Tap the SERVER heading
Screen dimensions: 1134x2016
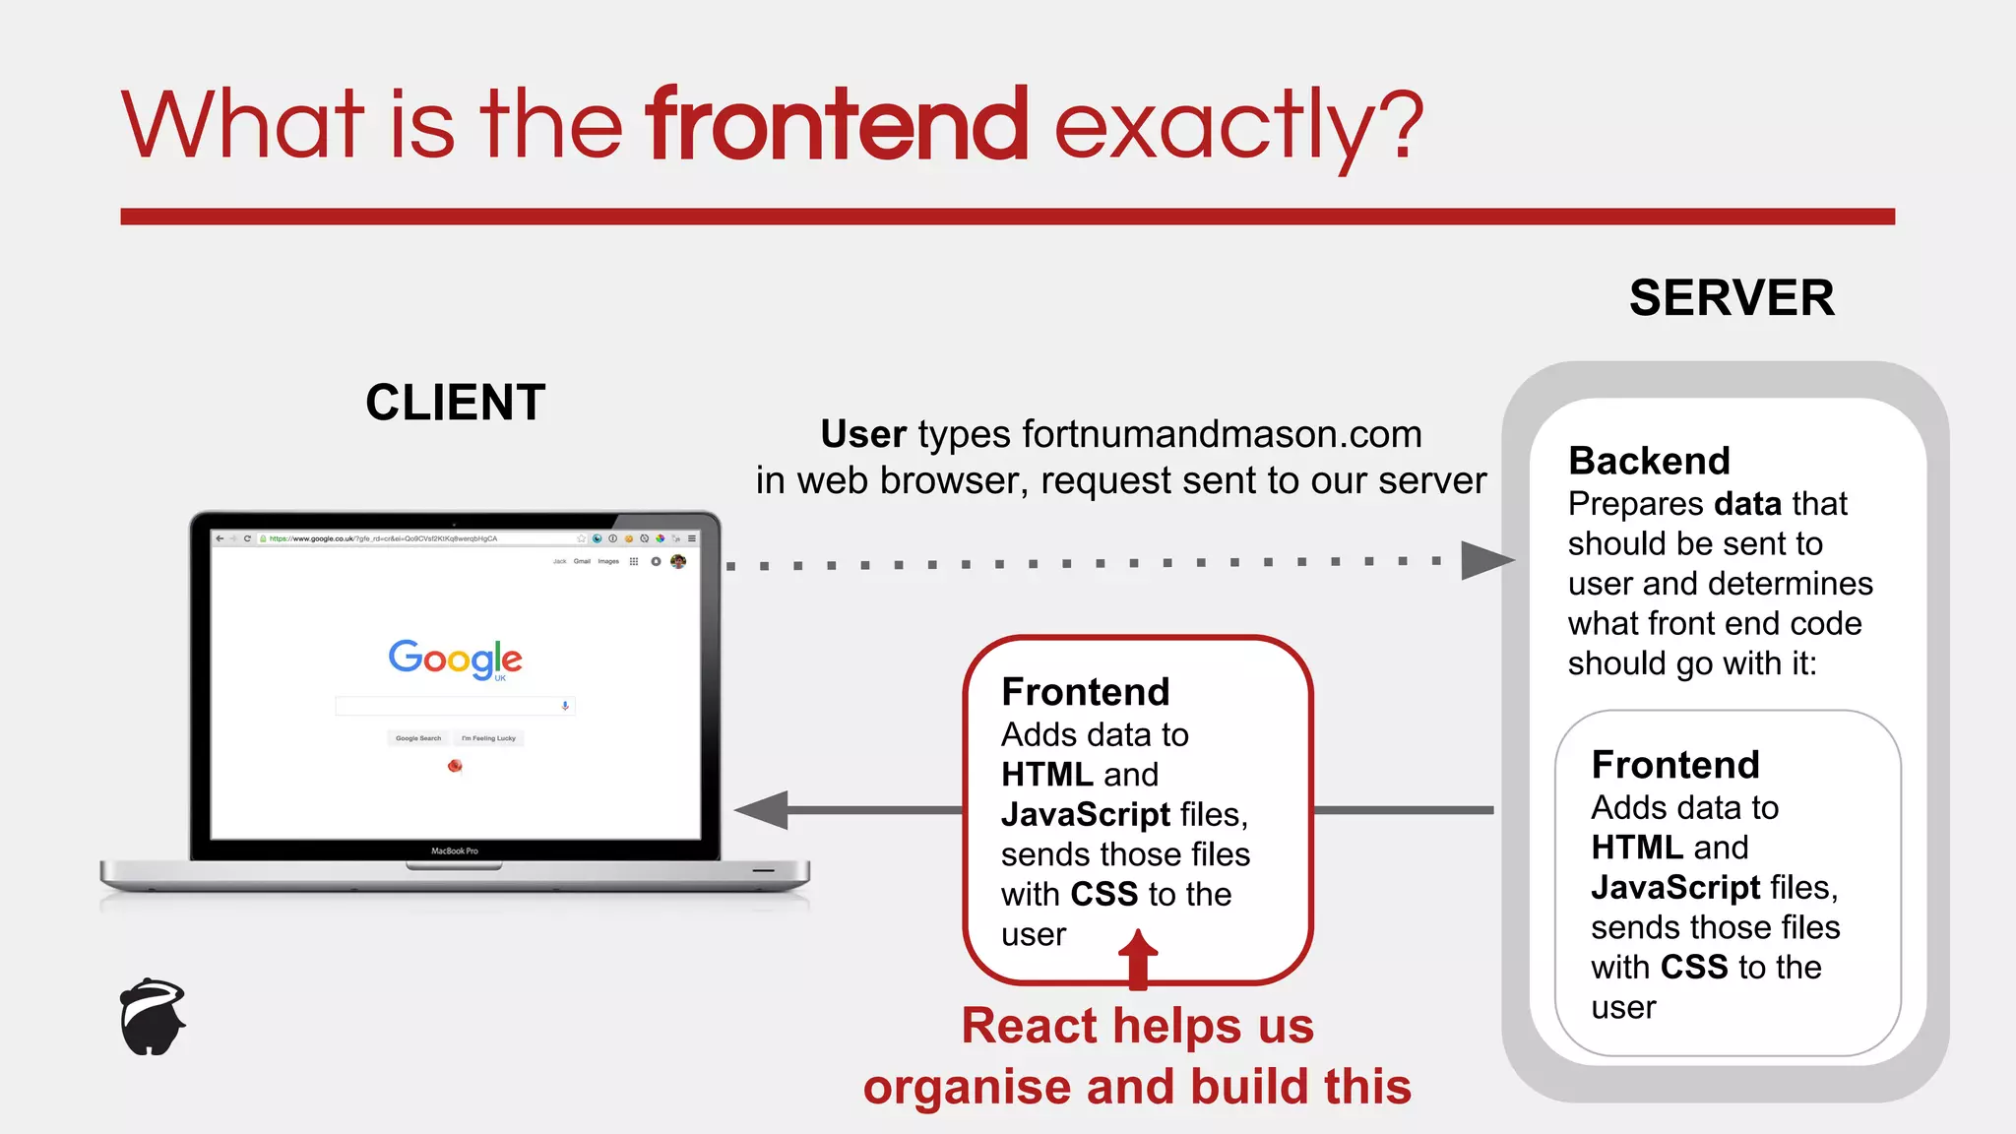[x=1732, y=298]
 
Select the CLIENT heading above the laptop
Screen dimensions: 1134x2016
[x=455, y=403]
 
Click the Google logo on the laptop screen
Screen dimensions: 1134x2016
[x=455, y=659]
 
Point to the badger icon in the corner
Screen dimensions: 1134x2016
[x=153, y=1017]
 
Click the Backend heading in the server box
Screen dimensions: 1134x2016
[x=1649, y=461]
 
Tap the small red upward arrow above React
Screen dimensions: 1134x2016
[x=1138, y=957]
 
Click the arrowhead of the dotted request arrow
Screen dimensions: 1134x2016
[x=1484, y=561]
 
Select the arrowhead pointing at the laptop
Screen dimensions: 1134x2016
[x=763, y=810]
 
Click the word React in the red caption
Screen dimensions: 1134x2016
[x=1030, y=1026]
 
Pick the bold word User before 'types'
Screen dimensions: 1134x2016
[x=863, y=434]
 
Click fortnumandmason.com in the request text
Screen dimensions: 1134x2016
[x=1222, y=434]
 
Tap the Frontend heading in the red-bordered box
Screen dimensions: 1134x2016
[x=1085, y=692]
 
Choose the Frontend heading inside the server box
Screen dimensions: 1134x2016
[x=1674, y=765]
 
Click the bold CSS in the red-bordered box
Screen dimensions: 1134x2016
[x=1103, y=894]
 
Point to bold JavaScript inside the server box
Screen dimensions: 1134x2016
[x=1675, y=887]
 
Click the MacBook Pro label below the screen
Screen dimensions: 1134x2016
[x=455, y=850]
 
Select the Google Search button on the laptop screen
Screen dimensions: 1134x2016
[x=418, y=738]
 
